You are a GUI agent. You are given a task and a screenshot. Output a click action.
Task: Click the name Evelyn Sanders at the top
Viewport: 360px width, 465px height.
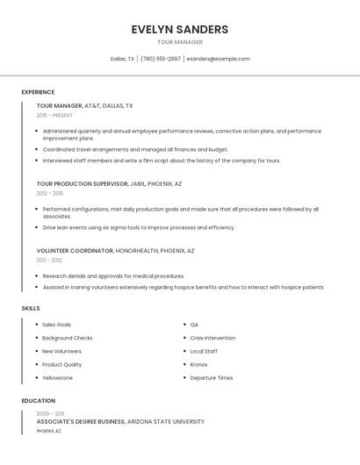[180, 29]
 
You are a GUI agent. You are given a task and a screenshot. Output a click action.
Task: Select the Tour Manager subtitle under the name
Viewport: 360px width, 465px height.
[180, 42]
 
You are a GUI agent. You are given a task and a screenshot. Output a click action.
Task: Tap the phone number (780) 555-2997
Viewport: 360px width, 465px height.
[161, 59]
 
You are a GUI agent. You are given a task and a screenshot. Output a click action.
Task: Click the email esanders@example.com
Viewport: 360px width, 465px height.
[219, 59]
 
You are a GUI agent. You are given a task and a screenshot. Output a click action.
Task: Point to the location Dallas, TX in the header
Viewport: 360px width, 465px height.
[122, 59]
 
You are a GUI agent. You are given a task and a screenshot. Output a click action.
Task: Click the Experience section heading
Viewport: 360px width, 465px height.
[38, 92]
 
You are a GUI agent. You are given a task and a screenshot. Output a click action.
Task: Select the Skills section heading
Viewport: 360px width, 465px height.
[31, 308]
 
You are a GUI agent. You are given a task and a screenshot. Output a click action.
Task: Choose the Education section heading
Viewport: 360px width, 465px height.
[38, 401]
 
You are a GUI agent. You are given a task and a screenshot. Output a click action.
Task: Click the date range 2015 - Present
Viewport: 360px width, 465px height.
[54, 115]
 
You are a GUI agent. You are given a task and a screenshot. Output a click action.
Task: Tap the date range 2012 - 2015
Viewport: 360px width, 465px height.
[50, 193]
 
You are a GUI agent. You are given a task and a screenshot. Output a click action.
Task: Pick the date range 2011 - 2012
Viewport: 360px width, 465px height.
[49, 260]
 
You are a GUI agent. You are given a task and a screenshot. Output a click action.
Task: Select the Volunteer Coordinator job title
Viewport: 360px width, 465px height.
[75, 251]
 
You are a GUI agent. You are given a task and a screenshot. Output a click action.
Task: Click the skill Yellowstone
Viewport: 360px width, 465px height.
[58, 378]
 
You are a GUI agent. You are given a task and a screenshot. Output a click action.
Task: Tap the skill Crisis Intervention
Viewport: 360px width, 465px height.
[212, 338]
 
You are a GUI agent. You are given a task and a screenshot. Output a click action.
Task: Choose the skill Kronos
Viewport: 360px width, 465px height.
[198, 365]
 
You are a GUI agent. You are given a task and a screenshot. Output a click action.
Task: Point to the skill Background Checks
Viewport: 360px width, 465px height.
[68, 338]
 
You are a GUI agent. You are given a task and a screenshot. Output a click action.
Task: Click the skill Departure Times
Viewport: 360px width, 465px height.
[212, 378]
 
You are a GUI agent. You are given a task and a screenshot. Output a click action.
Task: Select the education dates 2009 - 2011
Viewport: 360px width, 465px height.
[50, 413]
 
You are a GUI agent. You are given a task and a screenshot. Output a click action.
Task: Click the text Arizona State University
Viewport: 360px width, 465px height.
[166, 422]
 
